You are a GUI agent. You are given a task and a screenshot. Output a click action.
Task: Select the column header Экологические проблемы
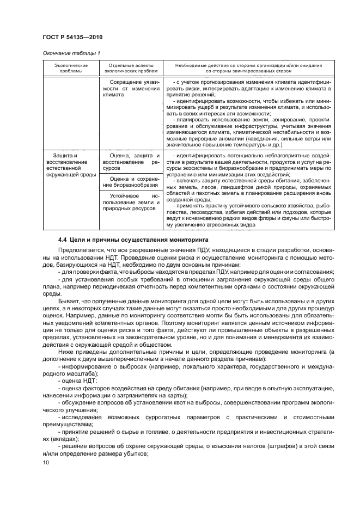point(70,68)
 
